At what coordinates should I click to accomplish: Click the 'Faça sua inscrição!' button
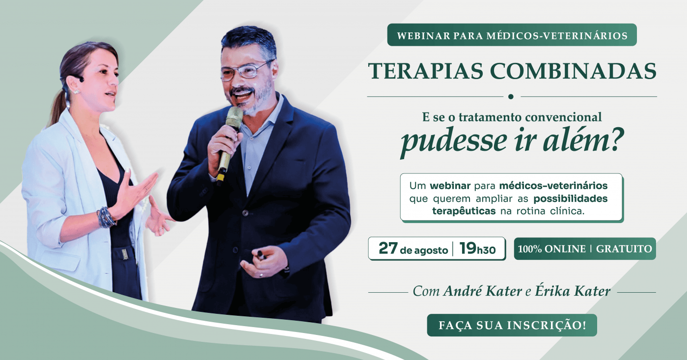(512, 325)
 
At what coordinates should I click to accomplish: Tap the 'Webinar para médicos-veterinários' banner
(512, 35)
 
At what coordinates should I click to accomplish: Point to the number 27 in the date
(388, 249)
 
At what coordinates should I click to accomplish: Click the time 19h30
(477, 249)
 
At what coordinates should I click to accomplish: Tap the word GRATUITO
(624, 249)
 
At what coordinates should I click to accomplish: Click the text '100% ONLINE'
(552, 249)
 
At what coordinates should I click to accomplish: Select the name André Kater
(482, 291)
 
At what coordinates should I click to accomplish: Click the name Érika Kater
(573, 291)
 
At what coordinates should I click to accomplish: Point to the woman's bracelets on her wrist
(105, 218)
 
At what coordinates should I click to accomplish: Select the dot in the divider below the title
(511, 97)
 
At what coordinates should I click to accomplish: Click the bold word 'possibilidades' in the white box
(571, 199)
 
